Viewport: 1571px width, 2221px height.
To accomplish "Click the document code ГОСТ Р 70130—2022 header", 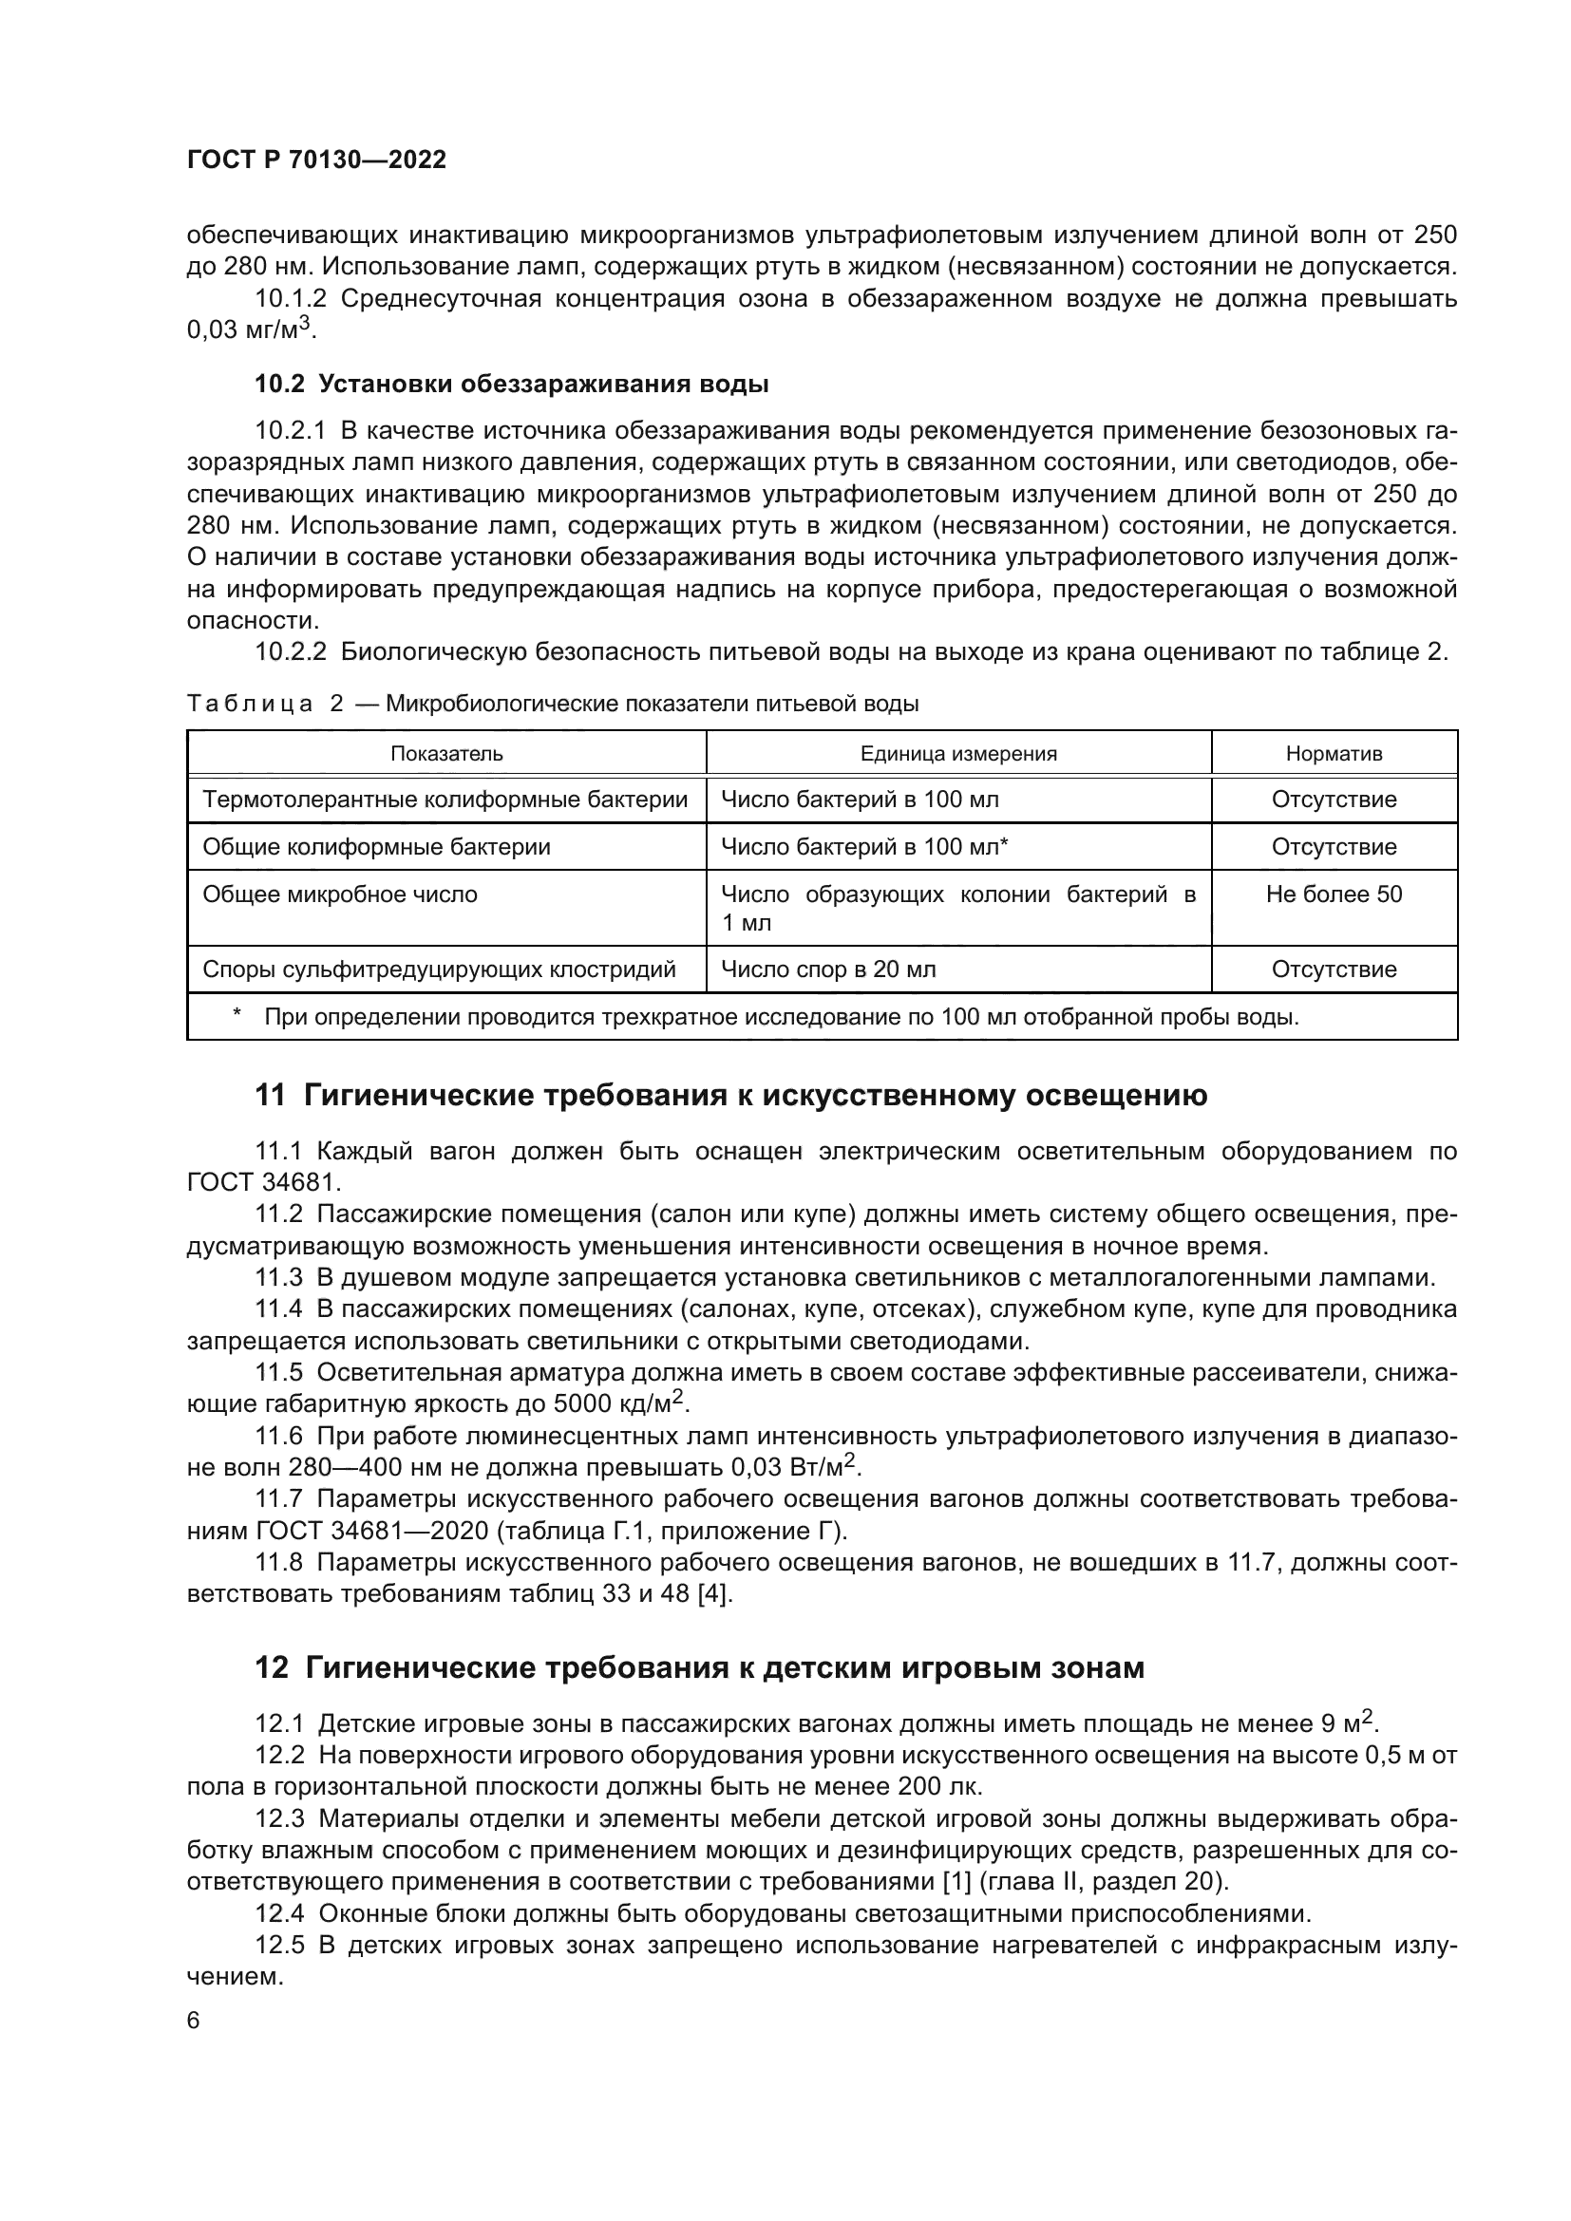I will click(x=316, y=160).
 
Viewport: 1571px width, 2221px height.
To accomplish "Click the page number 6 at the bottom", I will click(x=194, y=2021).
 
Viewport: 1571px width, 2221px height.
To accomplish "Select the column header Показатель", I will click(x=446, y=754).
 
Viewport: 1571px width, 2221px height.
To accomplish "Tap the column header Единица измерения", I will click(x=957, y=754).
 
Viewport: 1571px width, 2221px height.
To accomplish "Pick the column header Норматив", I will click(x=1333, y=754).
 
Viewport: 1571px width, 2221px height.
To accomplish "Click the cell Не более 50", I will click(x=1333, y=894).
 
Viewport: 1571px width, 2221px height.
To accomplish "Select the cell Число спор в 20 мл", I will click(x=828, y=969).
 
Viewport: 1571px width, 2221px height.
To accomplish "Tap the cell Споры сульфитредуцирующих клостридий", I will click(x=438, y=969).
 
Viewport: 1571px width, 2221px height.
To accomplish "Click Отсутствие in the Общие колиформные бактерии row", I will click(x=1333, y=847).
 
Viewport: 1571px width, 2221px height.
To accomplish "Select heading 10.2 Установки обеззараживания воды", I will click(x=511, y=384).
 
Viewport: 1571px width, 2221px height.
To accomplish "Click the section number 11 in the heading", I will click(x=270, y=1096).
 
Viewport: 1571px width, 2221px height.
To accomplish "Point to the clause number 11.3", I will click(x=278, y=1278).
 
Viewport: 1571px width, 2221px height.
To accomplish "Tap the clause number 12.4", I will click(x=278, y=1913).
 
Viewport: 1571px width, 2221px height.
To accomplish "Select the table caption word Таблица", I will click(x=250, y=705).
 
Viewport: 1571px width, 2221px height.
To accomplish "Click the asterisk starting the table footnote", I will click(x=237, y=1015).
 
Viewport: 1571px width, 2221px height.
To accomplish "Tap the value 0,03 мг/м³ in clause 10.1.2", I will click(x=250, y=329).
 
